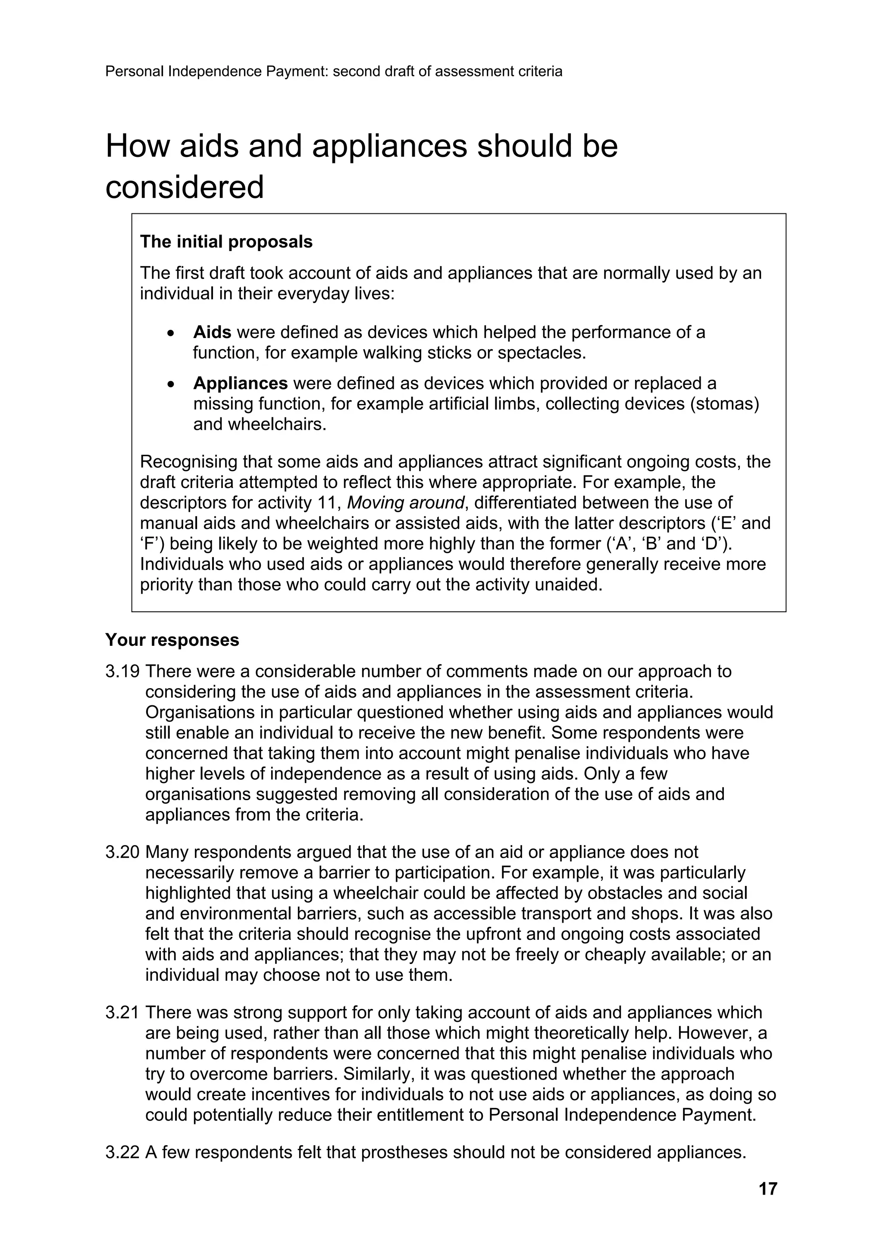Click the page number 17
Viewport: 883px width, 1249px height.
tap(767, 1188)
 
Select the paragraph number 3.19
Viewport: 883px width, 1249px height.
tap(122, 671)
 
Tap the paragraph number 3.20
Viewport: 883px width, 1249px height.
tap(122, 852)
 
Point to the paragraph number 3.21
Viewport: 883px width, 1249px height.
tap(122, 1012)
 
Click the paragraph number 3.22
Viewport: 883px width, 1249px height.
tap(122, 1152)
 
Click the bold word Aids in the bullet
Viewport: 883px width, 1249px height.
tap(212, 332)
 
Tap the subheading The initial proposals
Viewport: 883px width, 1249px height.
tap(226, 241)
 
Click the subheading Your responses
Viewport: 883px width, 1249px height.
tap(172, 640)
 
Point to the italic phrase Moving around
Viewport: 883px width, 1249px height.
tap(405, 503)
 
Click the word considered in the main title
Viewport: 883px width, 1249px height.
tap(185, 187)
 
